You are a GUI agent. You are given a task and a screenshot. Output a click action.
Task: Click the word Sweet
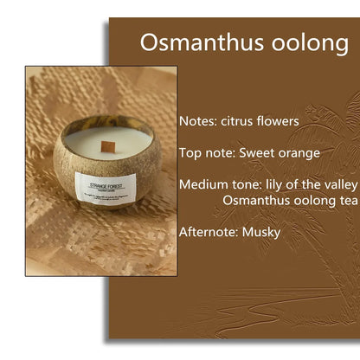click(257, 152)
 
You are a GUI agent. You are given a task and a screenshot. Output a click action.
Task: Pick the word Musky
click(261, 231)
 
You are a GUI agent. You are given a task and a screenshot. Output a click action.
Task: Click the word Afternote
click(208, 231)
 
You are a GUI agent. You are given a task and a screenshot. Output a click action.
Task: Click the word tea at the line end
click(347, 200)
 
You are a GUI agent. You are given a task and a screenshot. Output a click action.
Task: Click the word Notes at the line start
click(197, 121)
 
